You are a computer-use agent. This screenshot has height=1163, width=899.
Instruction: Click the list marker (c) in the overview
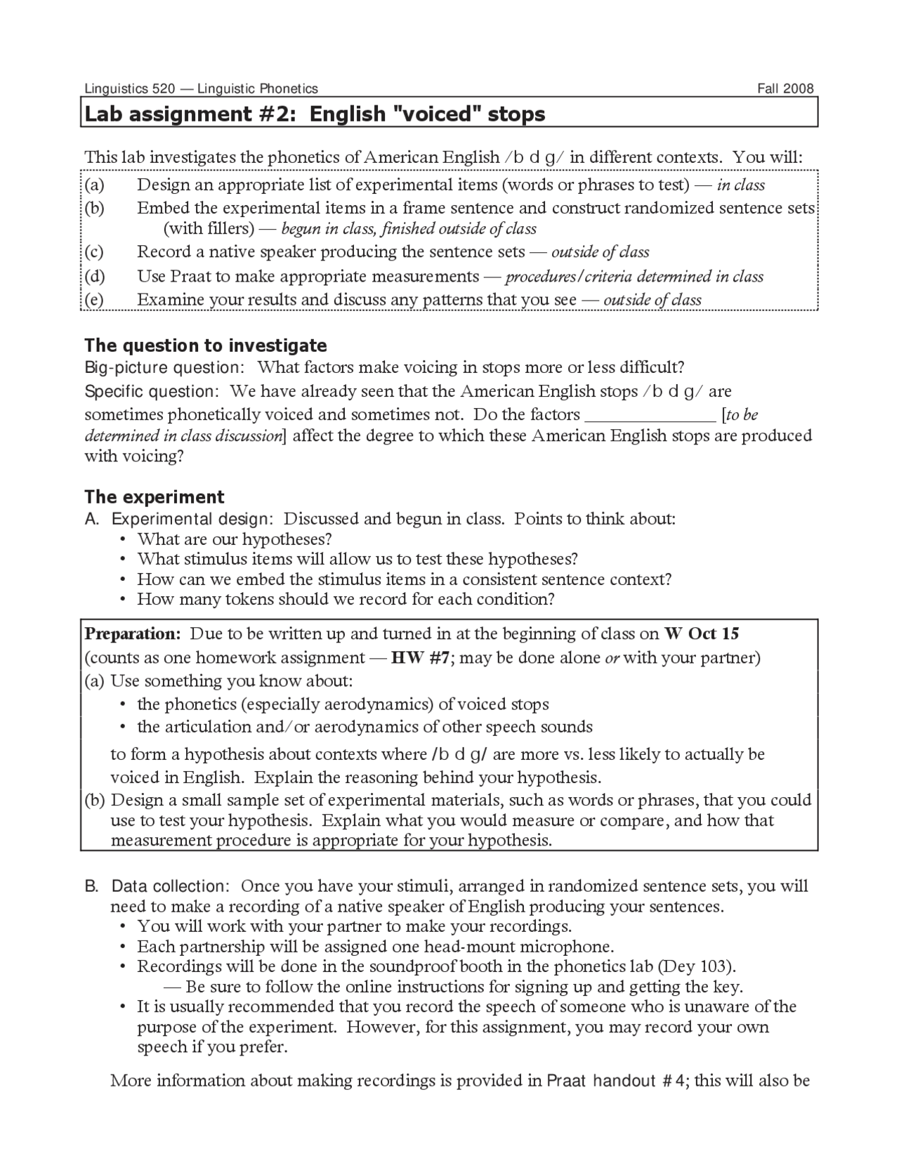pyautogui.click(x=94, y=252)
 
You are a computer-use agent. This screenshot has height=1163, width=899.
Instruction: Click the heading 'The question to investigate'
pyautogui.click(x=205, y=346)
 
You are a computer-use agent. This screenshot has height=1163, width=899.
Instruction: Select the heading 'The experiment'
pyautogui.click(x=154, y=497)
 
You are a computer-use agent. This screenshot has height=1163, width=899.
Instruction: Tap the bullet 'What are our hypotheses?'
pyautogui.click(x=234, y=539)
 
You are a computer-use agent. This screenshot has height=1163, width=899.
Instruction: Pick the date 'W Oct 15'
pyautogui.click(x=702, y=633)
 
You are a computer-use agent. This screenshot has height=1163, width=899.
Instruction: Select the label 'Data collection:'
pyautogui.click(x=170, y=886)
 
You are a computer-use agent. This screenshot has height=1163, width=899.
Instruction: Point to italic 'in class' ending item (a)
pyautogui.click(x=740, y=185)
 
